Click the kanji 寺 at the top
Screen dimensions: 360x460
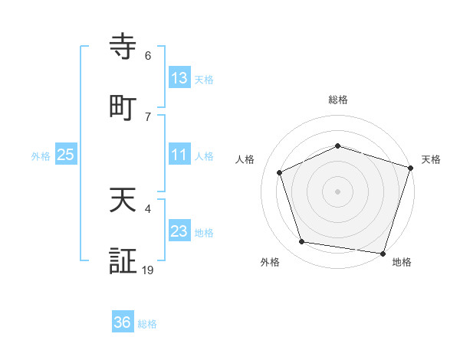[x=124, y=47]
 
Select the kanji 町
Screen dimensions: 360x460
[x=124, y=107]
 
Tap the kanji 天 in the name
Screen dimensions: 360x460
[x=124, y=202]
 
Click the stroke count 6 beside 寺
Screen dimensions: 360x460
[x=148, y=56]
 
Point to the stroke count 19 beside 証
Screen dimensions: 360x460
[x=148, y=270]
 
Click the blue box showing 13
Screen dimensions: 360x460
[x=179, y=78]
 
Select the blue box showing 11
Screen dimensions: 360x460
[x=179, y=155]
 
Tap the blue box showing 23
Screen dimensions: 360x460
[x=179, y=231]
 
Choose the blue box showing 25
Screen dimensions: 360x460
[x=66, y=155]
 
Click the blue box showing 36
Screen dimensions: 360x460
[x=123, y=322]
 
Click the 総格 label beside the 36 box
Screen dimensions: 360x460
[x=147, y=324]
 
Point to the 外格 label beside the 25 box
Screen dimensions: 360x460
[x=41, y=156]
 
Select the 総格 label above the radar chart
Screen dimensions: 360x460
[x=338, y=100]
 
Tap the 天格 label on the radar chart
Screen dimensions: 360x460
[x=432, y=159]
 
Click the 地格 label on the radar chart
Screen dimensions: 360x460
[x=402, y=263]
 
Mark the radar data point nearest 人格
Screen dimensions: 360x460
[x=280, y=172]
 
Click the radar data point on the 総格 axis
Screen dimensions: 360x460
[x=338, y=146]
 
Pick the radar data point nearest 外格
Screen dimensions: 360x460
[x=302, y=242]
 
